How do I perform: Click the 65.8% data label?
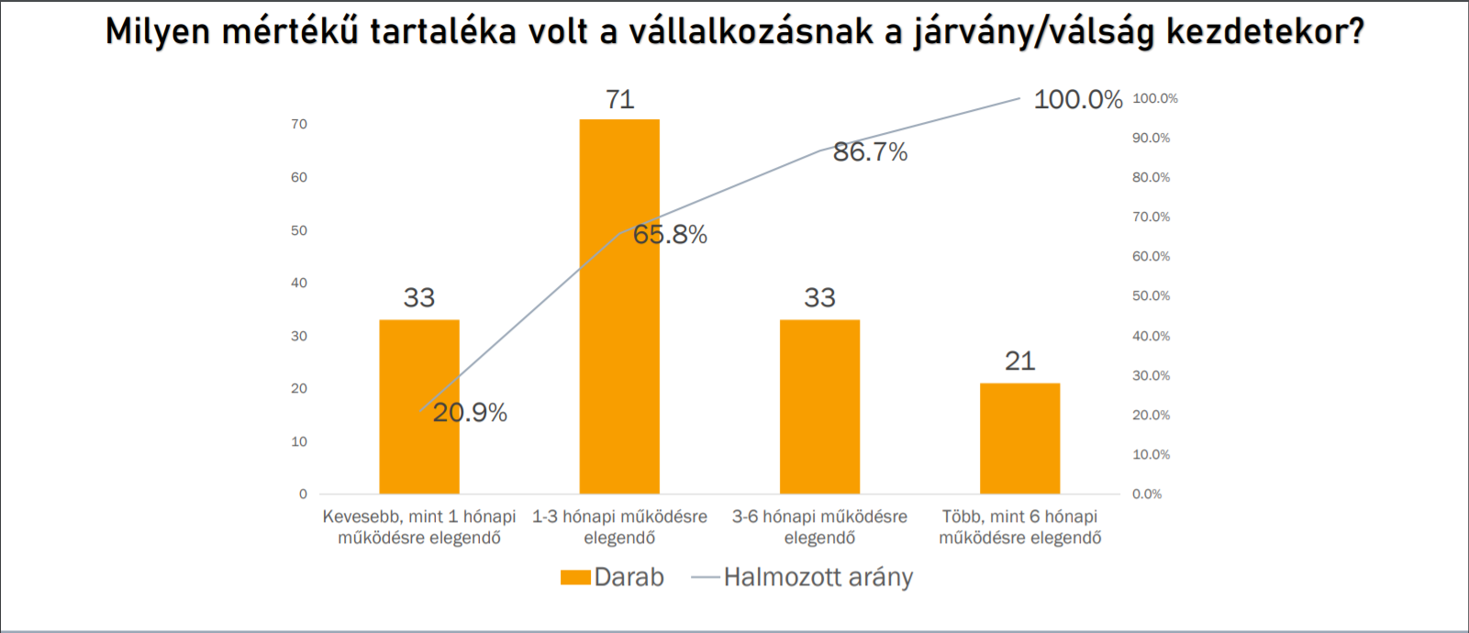coord(670,235)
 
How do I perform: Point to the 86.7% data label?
coord(870,152)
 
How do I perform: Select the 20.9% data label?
coord(470,413)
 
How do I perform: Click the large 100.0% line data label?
coord(1077,99)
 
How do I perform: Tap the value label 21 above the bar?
coord(1019,361)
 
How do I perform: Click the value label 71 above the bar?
coord(619,99)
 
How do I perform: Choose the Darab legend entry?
coord(613,577)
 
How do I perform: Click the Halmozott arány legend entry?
coord(803,577)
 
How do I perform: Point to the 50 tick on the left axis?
coord(299,230)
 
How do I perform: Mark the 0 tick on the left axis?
coord(303,494)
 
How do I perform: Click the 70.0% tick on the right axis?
coord(1151,217)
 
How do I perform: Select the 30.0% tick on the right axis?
coord(1151,375)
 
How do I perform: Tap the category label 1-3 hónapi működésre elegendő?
coord(619,527)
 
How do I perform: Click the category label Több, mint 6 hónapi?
coord(1019,527)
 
